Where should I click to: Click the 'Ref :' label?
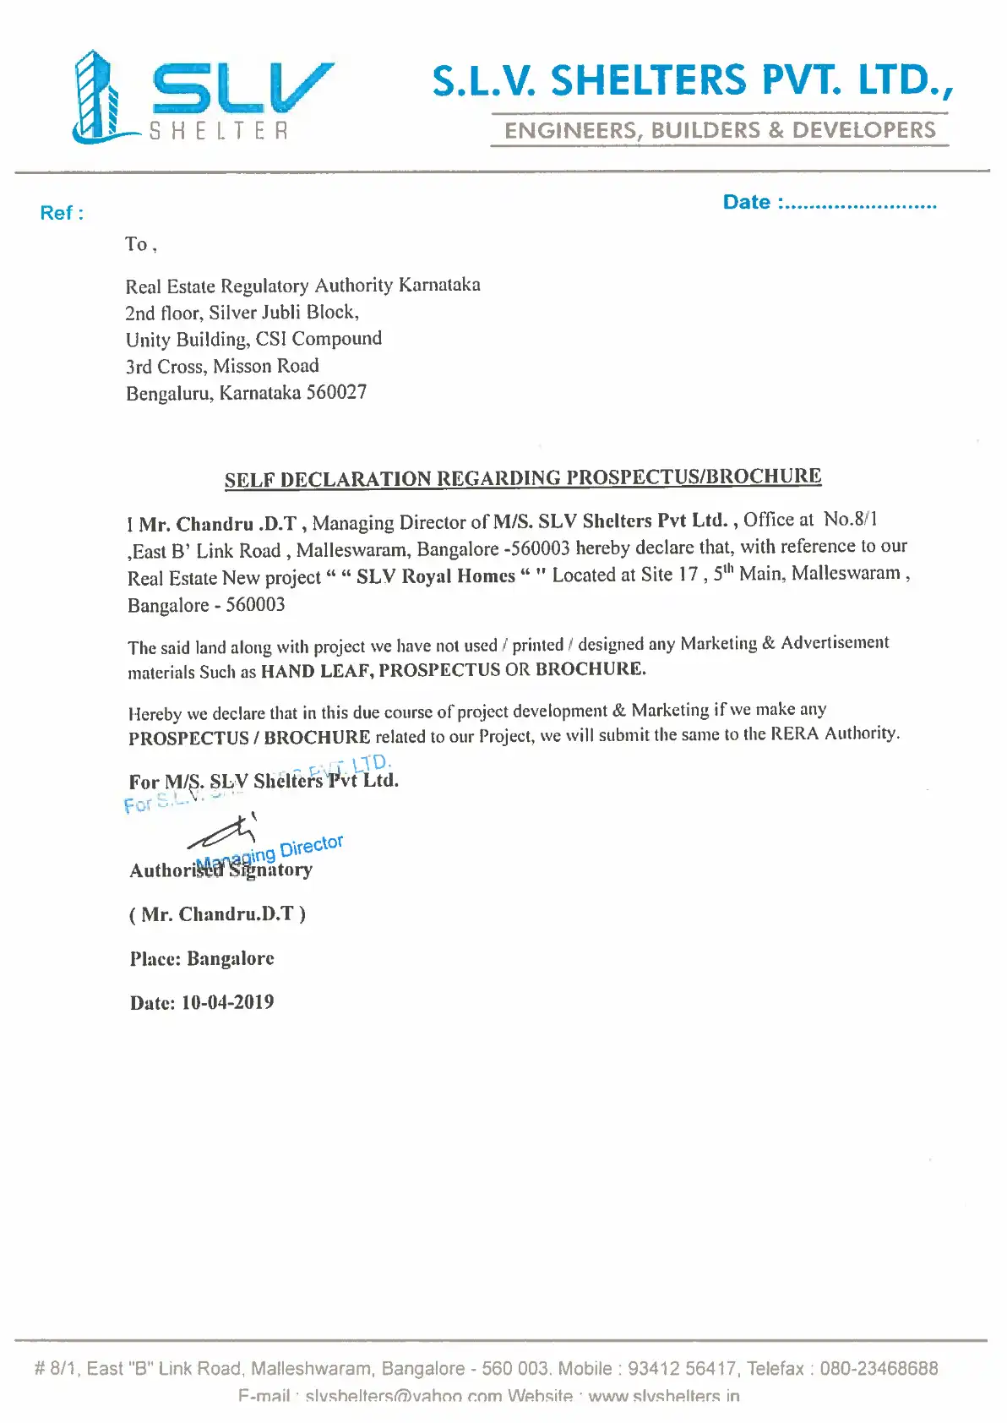(61, 213)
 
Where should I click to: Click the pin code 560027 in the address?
(336, 393)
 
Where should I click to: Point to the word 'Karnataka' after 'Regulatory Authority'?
(439, 285)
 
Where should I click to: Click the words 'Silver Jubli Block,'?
(284, 313)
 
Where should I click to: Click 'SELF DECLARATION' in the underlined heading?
(328, 479)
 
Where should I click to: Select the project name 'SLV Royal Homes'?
(435, 576)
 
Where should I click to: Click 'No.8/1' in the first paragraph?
(850, 519)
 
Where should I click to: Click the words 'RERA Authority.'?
(835, 733)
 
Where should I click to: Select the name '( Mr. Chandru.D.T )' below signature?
(217, 914)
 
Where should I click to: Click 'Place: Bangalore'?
(202, 959)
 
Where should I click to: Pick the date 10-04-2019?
(227, 1003)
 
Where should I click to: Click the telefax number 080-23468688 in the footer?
(879, 1369)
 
